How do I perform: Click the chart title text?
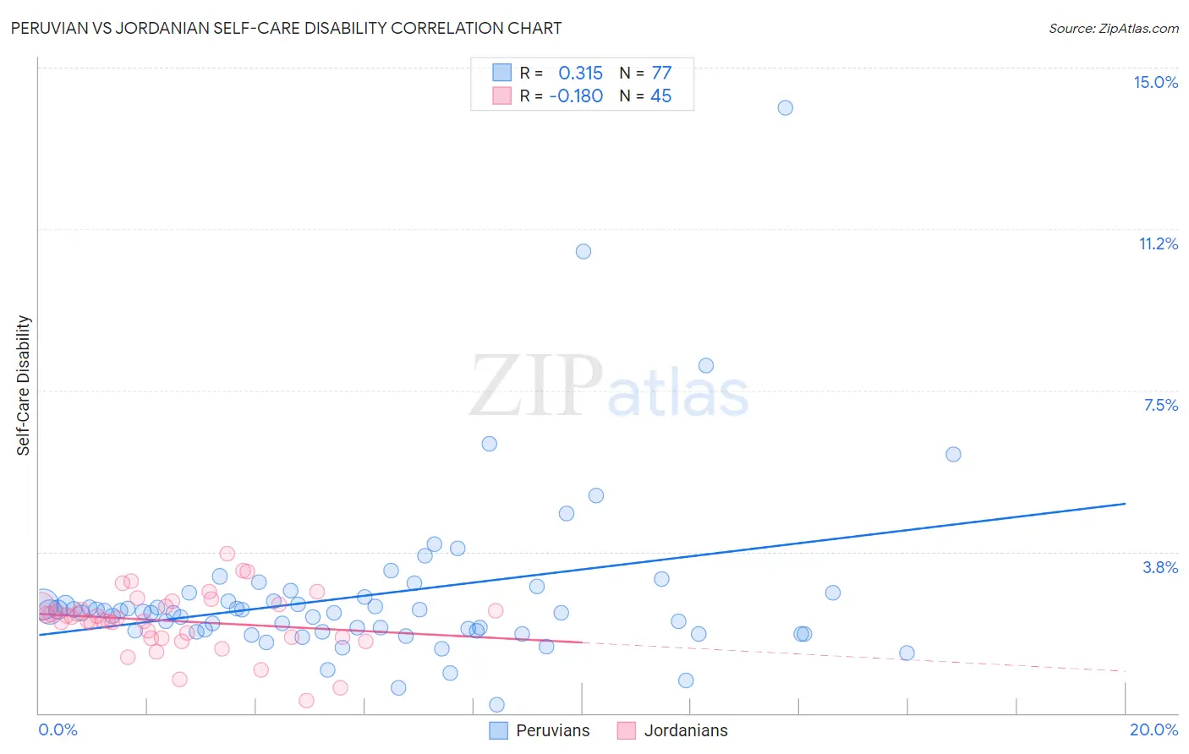click(x=286, y=28)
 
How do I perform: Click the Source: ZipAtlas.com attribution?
click(x=1113, y=29)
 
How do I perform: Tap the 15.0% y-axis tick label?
click(x=1155, y=82)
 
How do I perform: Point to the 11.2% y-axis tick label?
click(x=1158, y=243)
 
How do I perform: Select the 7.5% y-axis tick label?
click(x=1160, y=405)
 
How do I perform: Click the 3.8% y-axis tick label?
click(x=1160, y=567)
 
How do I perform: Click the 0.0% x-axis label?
click(x=58, y=729)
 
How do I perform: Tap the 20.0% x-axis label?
click(x=1153, y=729)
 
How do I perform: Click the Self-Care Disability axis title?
click(x=23, y=385)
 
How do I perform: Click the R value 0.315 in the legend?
click(x=580, y=73)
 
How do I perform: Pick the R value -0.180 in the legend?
click(x=576, y=96)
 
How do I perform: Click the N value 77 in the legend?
click(x=661, y=73)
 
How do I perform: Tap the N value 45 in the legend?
click(x=660, y=96)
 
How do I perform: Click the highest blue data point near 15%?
click(x=785, y=107)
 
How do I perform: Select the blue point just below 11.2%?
click(x=583, y=251)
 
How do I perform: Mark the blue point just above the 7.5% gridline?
click(x=705, y=365)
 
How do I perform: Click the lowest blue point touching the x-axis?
click(x=496, y=705)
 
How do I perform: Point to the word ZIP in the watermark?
click(x=536, y=385)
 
